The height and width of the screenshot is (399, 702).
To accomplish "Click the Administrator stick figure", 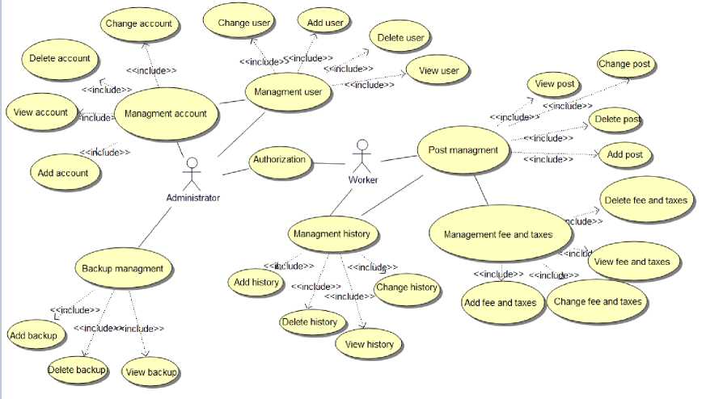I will [x=192, y=173].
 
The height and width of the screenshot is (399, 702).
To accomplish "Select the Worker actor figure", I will [x=362, y=156].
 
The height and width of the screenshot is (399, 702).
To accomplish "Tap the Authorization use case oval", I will [x=279, y=160].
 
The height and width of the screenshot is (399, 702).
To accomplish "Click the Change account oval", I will [x=138, y=24].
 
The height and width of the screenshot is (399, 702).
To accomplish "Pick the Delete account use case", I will [x=59, y=58].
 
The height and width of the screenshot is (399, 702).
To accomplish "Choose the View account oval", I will [x=40, y=112].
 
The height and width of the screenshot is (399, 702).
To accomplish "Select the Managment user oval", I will [x=288, y=92].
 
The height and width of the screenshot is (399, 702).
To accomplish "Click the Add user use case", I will [x=324, y=23].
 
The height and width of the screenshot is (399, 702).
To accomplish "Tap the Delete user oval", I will [x=401, y=38].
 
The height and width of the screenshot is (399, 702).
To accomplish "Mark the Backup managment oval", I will [x=123, y=269].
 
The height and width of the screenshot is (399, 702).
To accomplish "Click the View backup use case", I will [x=151, y=372].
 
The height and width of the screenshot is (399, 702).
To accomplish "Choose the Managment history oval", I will [x=332, y=234].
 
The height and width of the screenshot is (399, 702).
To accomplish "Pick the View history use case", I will [x=369, y=345].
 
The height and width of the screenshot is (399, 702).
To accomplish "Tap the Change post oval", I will [x=624, y=64].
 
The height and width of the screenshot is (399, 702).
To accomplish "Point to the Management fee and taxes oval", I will [x=498, y=234].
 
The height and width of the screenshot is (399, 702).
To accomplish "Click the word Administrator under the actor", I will [x=192, y=197].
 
